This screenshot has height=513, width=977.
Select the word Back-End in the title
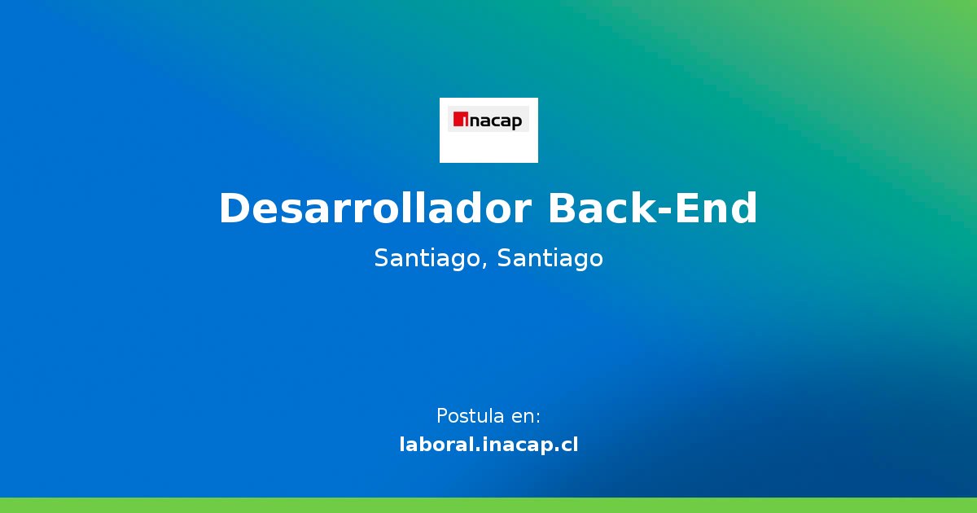tap(652, 208)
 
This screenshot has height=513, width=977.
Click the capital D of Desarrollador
tap(234, 208)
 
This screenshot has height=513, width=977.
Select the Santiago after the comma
tap(550, 258)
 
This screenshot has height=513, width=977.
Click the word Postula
tap(470, 416)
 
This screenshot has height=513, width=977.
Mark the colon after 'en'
tap(538, 418)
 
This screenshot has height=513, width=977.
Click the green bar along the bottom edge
tap(488, 505)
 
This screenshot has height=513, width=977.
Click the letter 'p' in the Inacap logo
tap(517, 124)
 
